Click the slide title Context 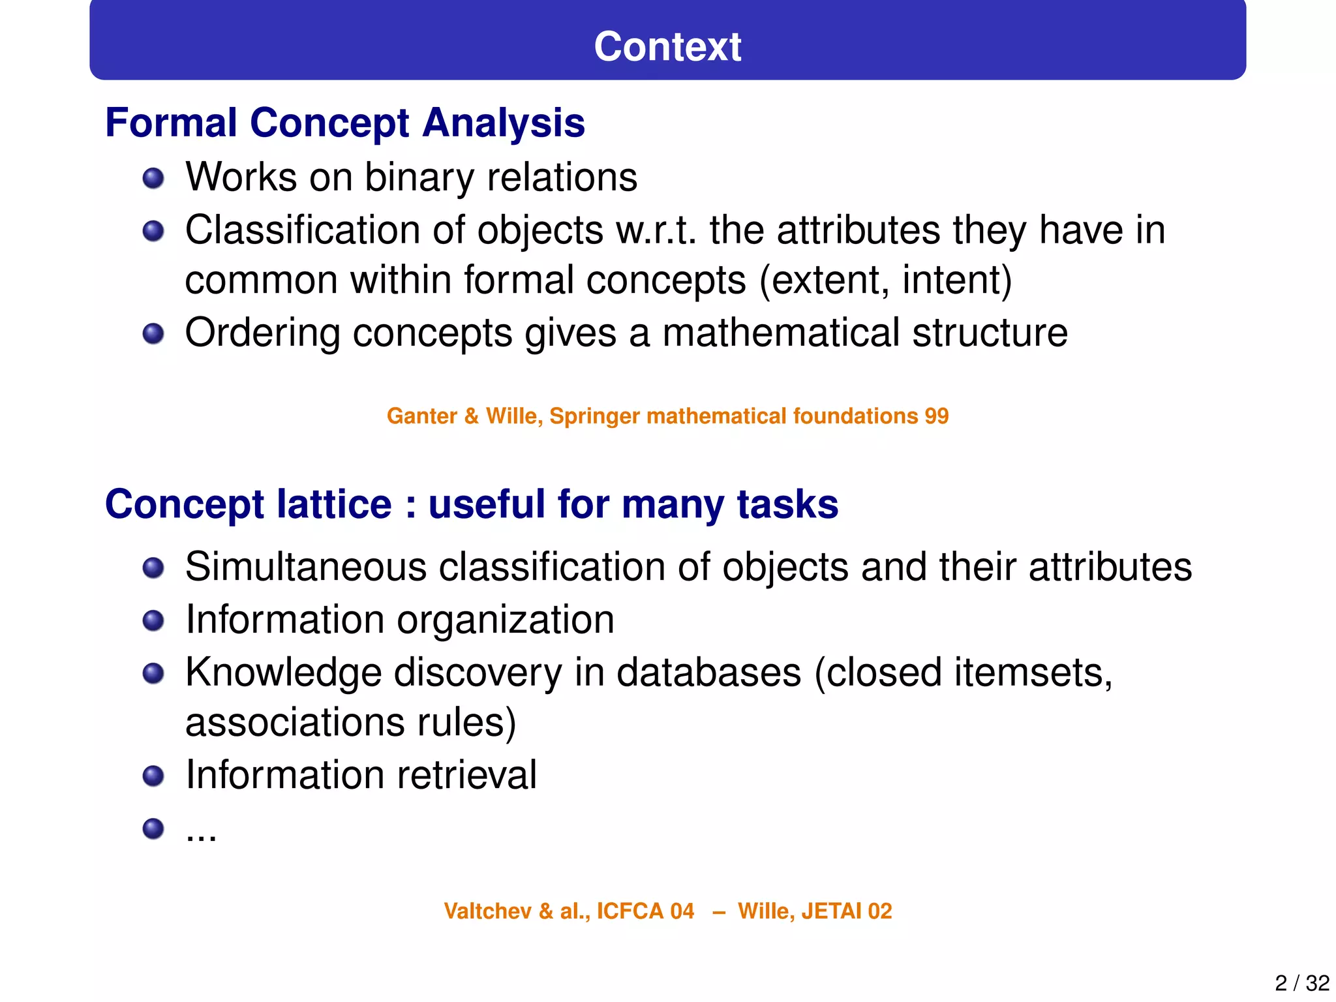[667, 47]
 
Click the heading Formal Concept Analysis [345, 123]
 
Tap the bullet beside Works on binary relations [153, 178]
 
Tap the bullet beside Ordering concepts [153, 334]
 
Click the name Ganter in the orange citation [421, 416]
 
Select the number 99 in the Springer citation [936, 416]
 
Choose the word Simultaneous [306, 566]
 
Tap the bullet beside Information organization [153, 620]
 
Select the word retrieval [466, 775]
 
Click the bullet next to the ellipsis [153, 829]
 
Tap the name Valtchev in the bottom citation [487, 911]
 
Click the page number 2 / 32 [1301, 982]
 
